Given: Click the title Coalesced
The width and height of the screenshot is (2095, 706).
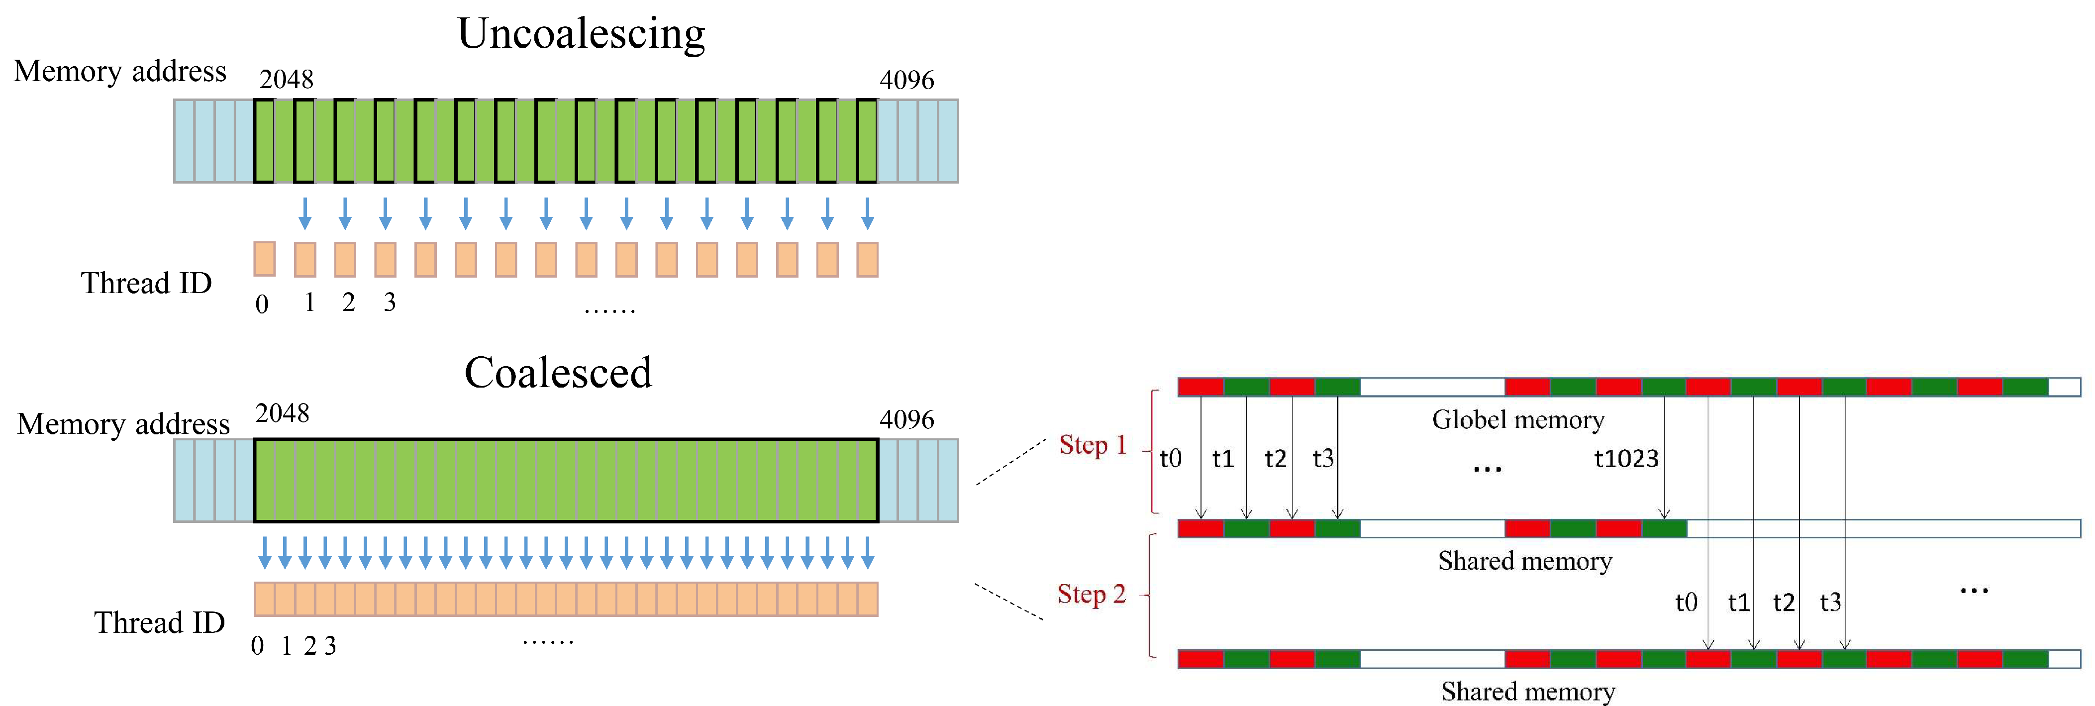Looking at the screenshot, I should click(558, 373).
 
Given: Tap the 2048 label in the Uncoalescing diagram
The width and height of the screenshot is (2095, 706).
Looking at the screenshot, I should click(286, 80).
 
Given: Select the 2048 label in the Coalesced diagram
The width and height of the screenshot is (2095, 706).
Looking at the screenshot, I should click(282, 413).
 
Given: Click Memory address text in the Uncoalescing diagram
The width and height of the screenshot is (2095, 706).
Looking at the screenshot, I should click(120, 72).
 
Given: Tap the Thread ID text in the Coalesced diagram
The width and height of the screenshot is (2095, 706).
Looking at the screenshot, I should click(159, 623).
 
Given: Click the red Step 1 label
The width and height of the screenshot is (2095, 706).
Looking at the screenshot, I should click(1092, 445).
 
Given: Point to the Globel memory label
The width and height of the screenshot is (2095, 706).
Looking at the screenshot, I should click(1517, 420).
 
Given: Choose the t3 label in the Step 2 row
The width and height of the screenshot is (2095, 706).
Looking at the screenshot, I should click(1830, 603).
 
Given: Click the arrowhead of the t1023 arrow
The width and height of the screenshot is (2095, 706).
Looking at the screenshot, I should click(1664, 514).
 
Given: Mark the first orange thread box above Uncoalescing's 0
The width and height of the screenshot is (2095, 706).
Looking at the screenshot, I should click(264, 259).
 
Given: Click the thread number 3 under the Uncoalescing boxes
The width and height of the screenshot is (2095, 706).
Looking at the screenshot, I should click(390, 303).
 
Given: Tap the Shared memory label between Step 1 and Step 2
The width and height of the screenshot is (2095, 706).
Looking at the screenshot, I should click(1524, 561).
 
